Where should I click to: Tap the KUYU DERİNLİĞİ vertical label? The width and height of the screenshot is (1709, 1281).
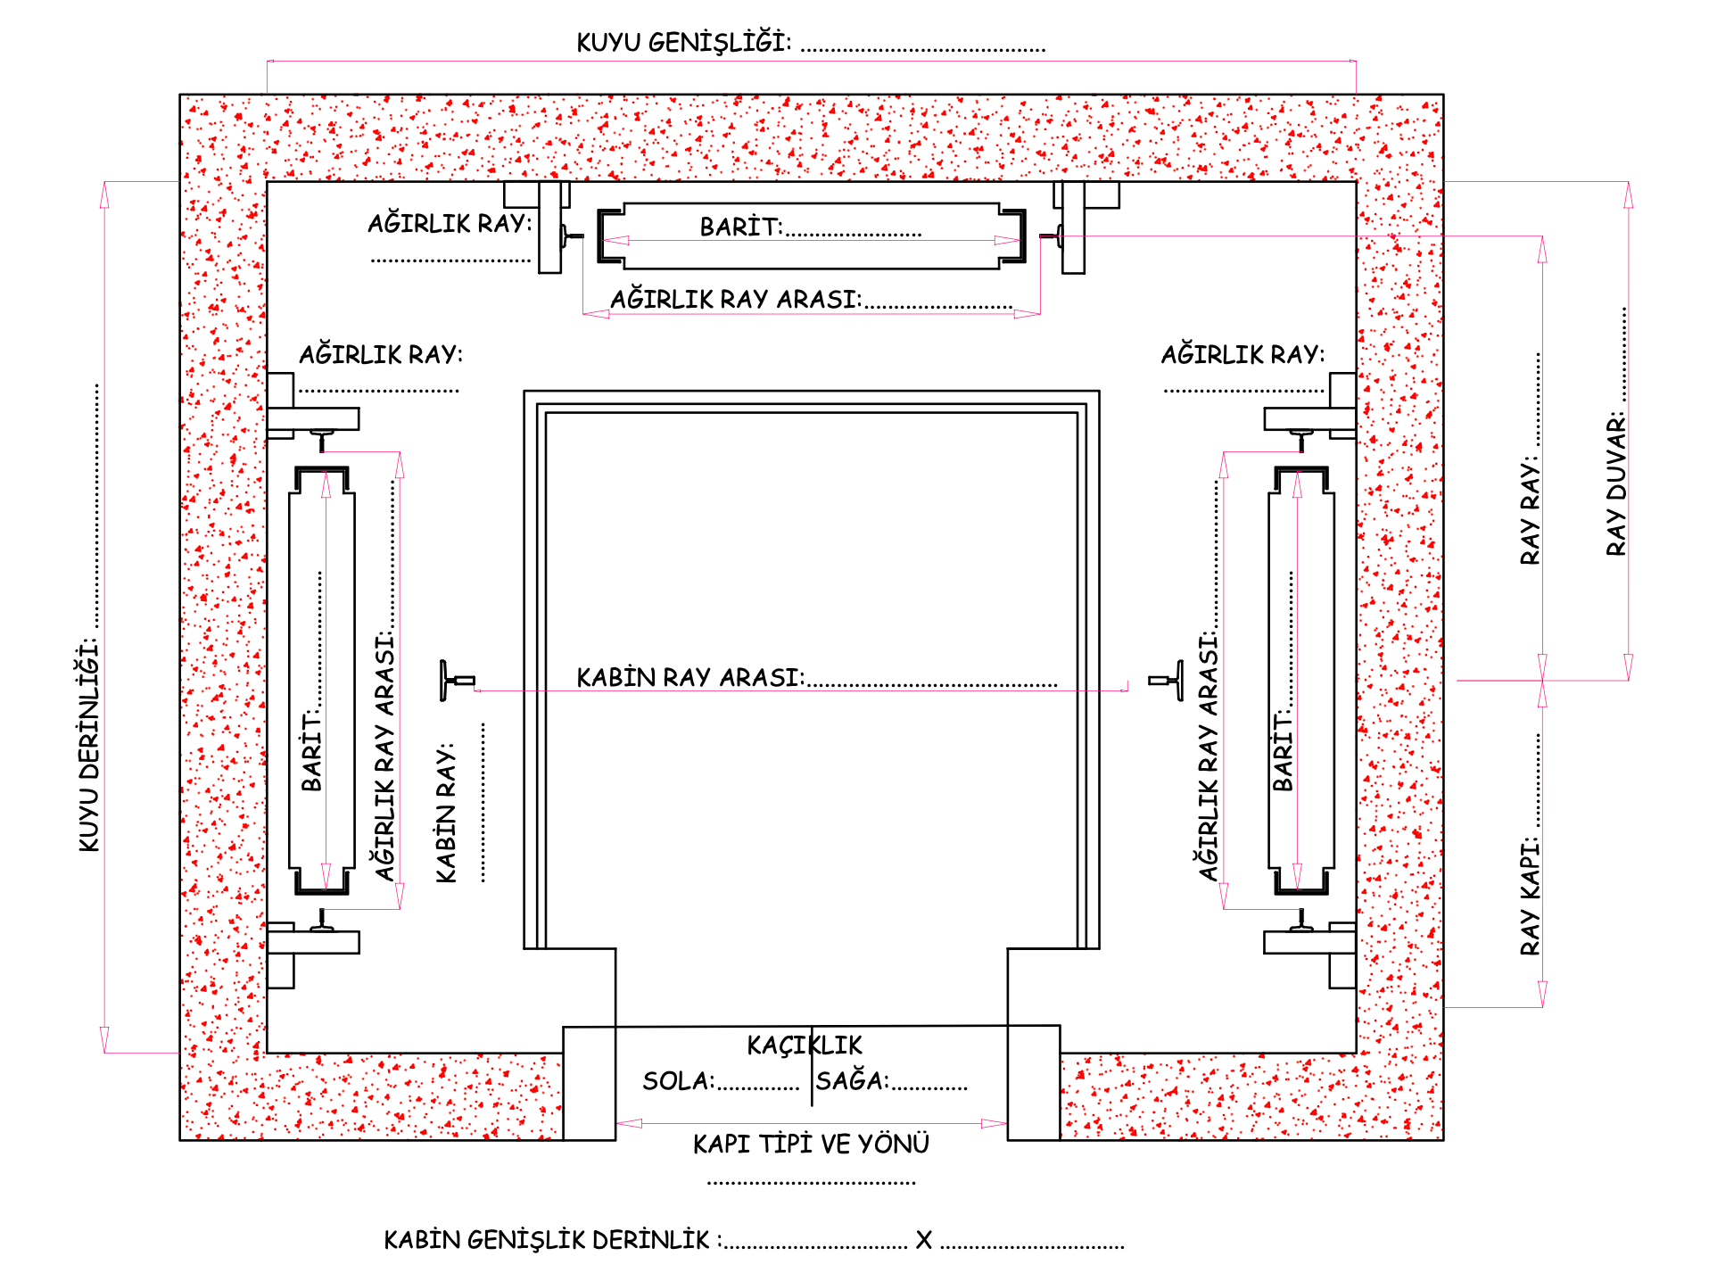click(x=88, y=744)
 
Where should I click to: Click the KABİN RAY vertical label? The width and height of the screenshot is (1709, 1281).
click(x=445, y=813)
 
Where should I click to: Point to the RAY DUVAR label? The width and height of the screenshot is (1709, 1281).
click(x=1615, y=483)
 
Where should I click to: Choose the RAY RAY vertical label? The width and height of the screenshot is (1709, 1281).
click(x=1530, y=510)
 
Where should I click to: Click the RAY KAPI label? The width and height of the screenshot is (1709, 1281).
click(x=1530, y=895)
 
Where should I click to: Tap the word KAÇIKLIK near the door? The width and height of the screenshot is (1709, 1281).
click(x=805, y=1045)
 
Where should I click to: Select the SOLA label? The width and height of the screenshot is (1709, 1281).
click(x=678, y=1080)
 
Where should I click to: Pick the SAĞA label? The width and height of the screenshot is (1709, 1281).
click(x=852, y=1079)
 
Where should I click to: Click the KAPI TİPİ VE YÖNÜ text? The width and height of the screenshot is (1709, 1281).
click(x=811, y=1143)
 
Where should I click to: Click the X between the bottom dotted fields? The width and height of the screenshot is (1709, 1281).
click(x=924, y=1240)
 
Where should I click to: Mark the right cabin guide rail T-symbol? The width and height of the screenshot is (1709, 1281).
click(x=1166, y=681)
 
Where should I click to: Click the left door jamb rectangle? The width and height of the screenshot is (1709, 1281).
click(x=590, y=1083)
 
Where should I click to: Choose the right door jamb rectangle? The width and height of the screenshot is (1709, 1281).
click(x=1034, y=1082)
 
